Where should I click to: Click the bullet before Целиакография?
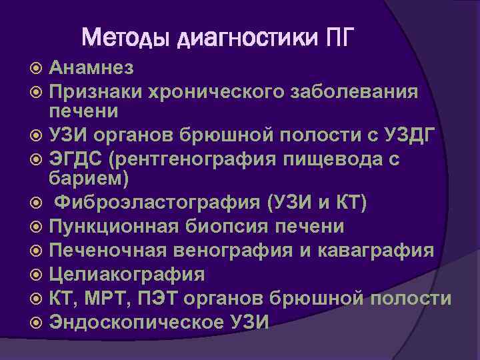point(39,274)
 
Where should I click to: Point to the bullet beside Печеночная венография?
point(39,251)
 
